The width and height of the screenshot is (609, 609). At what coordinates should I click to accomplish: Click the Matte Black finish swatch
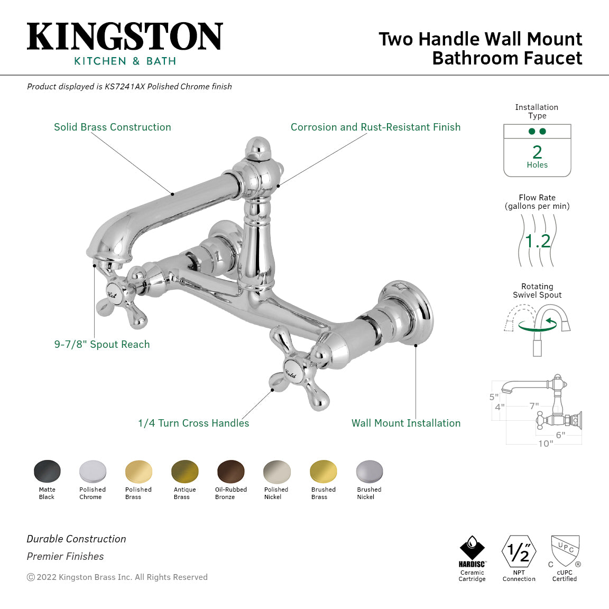point(47,471)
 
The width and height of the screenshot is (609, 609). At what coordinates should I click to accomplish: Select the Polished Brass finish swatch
point(139,471)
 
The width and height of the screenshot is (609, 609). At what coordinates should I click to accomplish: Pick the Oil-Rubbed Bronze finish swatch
point(230,471)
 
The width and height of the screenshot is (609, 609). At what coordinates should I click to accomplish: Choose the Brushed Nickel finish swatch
point(369,471)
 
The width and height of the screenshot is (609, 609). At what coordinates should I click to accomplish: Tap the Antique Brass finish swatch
point(184,471)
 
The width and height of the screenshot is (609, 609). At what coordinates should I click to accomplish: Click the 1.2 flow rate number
point(538,241)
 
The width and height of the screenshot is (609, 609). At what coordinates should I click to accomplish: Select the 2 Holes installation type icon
point(537,151)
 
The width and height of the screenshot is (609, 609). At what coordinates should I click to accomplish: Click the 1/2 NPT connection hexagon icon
point(519,551)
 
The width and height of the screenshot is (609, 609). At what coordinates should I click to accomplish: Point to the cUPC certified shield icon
point(565,551)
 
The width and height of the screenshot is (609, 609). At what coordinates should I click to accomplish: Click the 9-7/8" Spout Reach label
point(102,344)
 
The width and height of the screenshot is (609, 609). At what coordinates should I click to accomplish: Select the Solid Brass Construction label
point(113,127)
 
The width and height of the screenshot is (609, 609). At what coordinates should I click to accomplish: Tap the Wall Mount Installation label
point(405,423)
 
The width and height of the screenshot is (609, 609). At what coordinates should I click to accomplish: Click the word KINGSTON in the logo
point(125,37)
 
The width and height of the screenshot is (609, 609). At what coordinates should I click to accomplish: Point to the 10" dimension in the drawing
point(545,444)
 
